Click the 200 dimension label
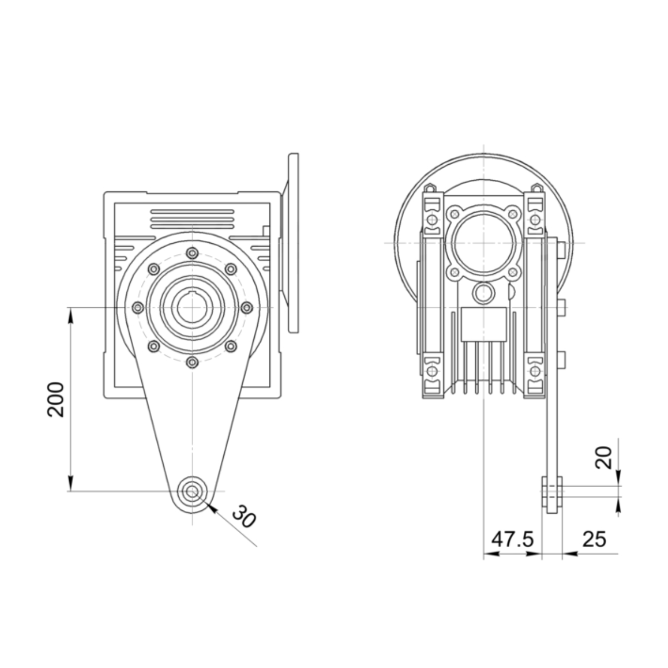pos(56,399)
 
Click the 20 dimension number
pos(603,458)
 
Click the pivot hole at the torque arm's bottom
pos(192,491)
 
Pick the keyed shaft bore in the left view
pos(192,307)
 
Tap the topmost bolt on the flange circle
pos(192,253)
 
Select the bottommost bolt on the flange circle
pos(192,362)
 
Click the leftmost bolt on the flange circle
pos(138,307)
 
